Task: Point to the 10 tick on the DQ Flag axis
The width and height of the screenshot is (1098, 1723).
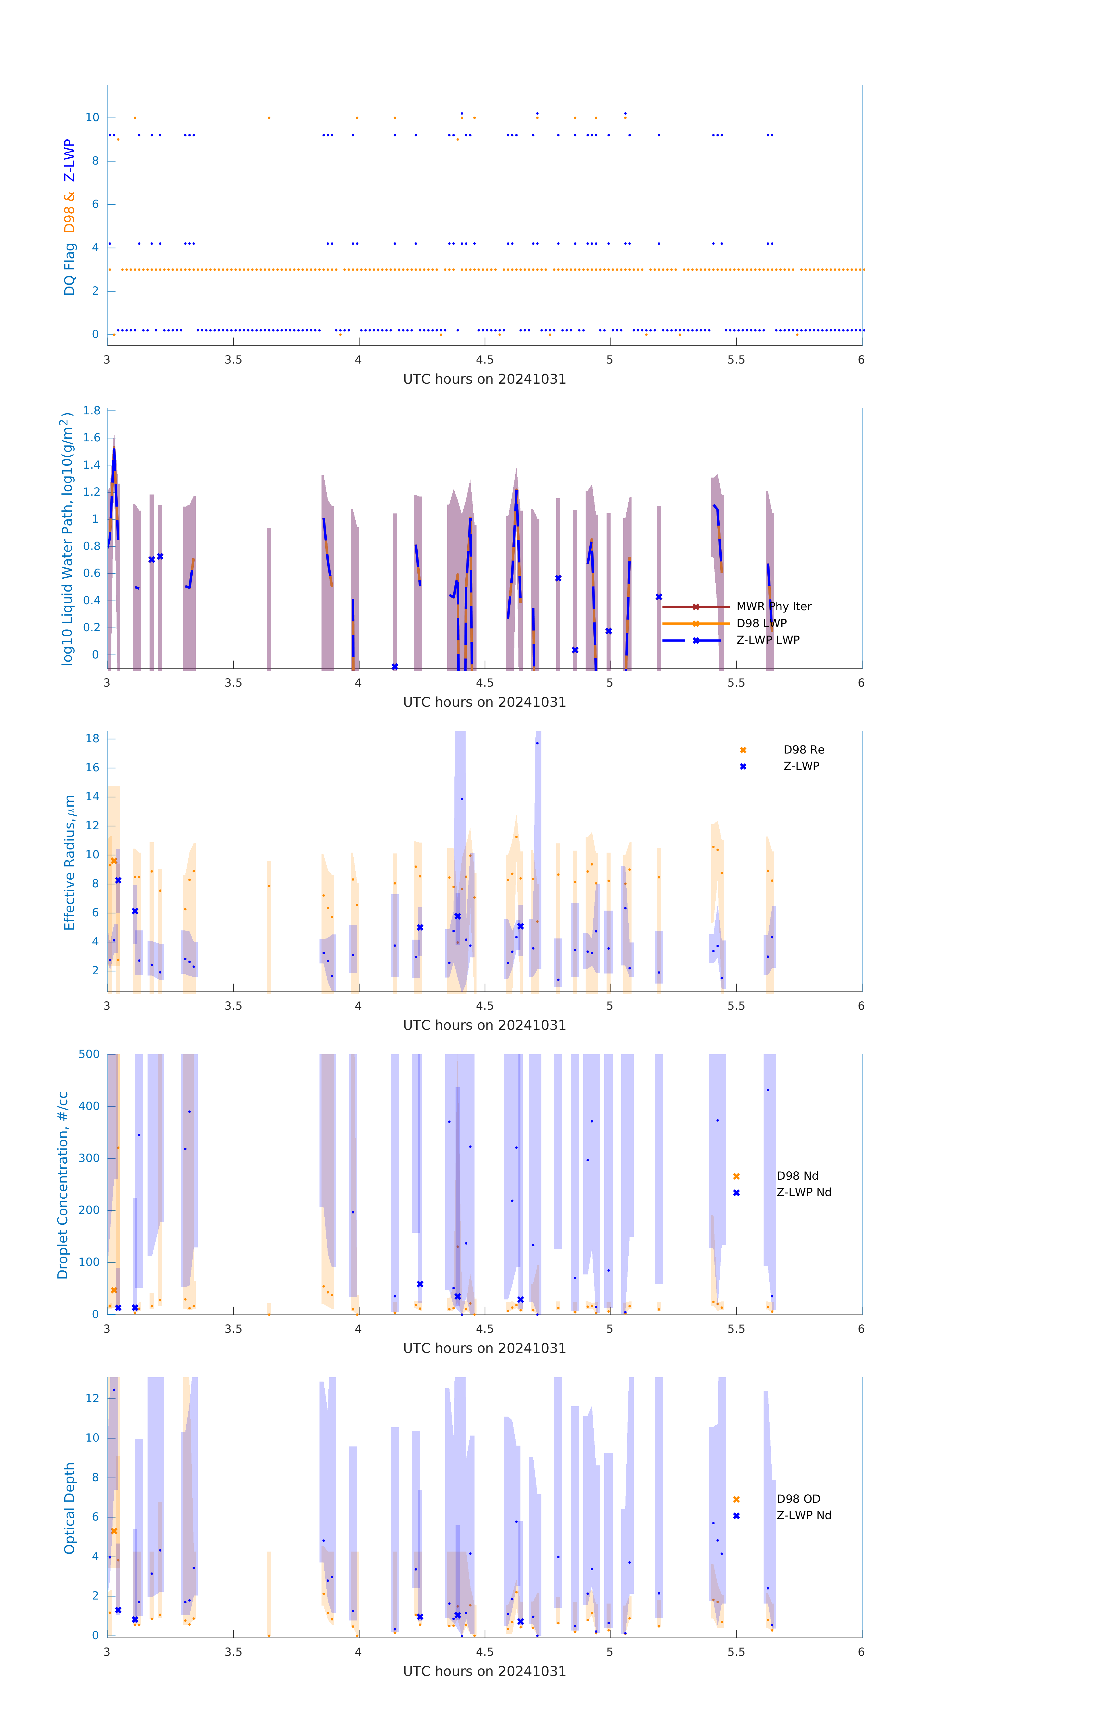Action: pos(92,117)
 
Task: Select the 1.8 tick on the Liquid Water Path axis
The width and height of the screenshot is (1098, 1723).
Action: pos(92,411)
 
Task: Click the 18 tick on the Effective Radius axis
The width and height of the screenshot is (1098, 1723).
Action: pos(92,738)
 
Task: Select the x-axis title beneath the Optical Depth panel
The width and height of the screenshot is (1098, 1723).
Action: pos(484,1672)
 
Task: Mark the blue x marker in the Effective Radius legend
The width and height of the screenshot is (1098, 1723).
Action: pos(743,766)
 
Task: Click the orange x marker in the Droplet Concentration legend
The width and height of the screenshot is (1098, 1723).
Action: pos(736,1176)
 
